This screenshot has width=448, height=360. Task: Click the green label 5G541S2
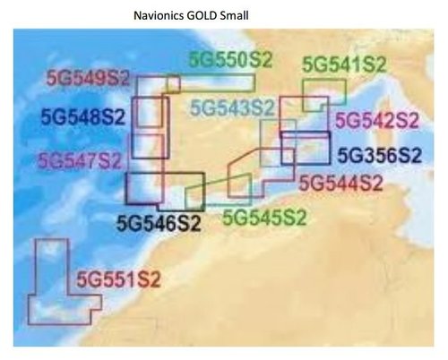pos(344,64)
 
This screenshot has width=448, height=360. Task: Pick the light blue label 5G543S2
pos(232,108)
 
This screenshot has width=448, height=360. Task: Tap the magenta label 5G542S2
pos(376,120)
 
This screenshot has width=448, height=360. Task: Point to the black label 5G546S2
pos(159,221)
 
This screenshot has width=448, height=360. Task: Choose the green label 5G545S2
pos(264,216)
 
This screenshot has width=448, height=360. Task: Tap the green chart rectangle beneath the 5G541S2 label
pos(323,93)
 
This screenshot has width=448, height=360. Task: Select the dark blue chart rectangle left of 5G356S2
pos(299,148)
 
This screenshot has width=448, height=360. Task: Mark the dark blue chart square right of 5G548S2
pos(151,115)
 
